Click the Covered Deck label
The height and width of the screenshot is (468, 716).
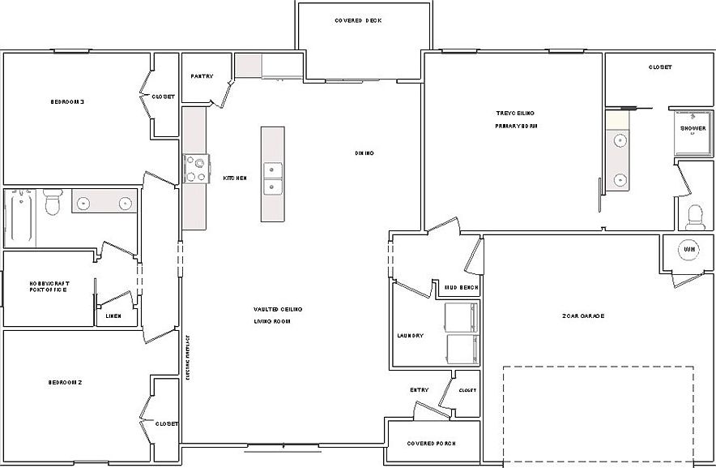[357, 20]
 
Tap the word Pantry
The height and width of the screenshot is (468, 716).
[202, 76]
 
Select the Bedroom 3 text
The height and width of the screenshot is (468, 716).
[67, 101]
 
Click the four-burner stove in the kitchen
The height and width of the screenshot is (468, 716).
[196, 169]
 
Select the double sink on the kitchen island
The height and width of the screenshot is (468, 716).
[273, 179]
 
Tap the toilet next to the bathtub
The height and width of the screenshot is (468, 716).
[53, 203]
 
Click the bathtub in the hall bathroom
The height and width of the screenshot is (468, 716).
[19, 217]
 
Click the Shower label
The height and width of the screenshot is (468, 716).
[693, 128]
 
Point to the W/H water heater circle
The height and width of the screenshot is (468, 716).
[688, 250]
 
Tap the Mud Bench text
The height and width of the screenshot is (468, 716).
[462, 287]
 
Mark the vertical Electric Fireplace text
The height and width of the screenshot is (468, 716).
[187, 358]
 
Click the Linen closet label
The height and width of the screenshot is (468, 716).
[113, 316]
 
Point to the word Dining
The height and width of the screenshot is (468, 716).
[364, 152]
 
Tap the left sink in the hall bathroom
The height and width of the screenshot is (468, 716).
[83, 203]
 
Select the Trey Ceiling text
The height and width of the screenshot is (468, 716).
[515, 113]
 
